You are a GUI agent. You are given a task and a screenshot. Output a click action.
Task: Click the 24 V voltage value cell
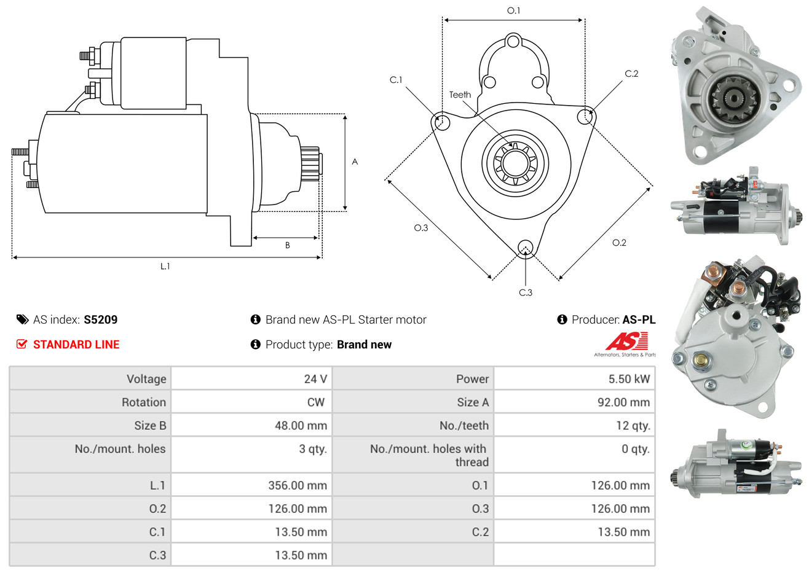coord(315,378)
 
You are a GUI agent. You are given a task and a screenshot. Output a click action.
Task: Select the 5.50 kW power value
coord(629,378)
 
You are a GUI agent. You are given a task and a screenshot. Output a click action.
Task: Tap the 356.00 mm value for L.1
coord(298,485)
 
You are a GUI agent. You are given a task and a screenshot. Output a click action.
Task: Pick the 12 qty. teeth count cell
coord(633,426)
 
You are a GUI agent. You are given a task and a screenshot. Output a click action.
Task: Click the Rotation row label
coord(144,402)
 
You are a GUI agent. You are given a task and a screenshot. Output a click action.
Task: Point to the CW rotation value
coord(315,402)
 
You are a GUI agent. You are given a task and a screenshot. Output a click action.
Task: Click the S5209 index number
coord(100,319)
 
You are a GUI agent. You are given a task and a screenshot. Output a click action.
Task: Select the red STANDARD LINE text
coord(76,345)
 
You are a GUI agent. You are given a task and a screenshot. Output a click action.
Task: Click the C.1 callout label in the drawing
coord(396,80)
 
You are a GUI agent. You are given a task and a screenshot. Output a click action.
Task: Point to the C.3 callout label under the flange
coord(526,292)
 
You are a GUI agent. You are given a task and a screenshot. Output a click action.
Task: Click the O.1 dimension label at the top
coord(513,10)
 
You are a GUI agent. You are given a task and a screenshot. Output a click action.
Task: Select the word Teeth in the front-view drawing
coord(460,95)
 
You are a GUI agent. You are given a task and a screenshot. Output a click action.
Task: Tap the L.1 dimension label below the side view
coord(165,267)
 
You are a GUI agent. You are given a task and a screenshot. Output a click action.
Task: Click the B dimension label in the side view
coord(288,246)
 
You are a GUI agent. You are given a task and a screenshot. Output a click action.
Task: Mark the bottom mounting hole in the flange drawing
coord(526,248)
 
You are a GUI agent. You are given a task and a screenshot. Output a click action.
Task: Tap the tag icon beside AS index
coord(22,319)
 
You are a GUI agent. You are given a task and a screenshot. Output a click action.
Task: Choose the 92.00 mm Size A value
coord(624,402)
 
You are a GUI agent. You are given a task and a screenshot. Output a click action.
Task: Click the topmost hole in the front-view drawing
coord(513,42)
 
